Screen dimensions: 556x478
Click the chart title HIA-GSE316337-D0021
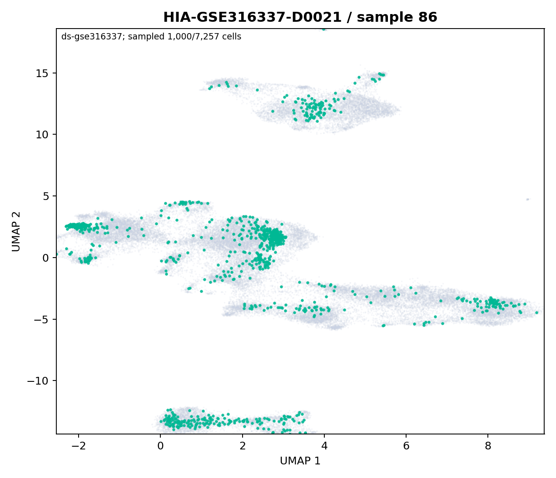(252, 17)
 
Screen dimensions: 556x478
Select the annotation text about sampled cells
(151, 37)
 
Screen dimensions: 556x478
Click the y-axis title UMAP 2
(16, 231)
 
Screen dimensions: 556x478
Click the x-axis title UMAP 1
(300, 461)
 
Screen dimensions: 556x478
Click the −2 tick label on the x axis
(79, 446)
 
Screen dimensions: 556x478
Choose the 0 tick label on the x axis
(161, 446)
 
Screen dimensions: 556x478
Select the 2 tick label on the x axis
(243, 446)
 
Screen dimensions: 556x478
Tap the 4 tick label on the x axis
(324, 446)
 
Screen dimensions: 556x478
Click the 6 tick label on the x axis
(406, 446)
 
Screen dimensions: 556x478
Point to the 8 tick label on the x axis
(488, 446)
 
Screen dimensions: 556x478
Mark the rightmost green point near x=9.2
(536, 312)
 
